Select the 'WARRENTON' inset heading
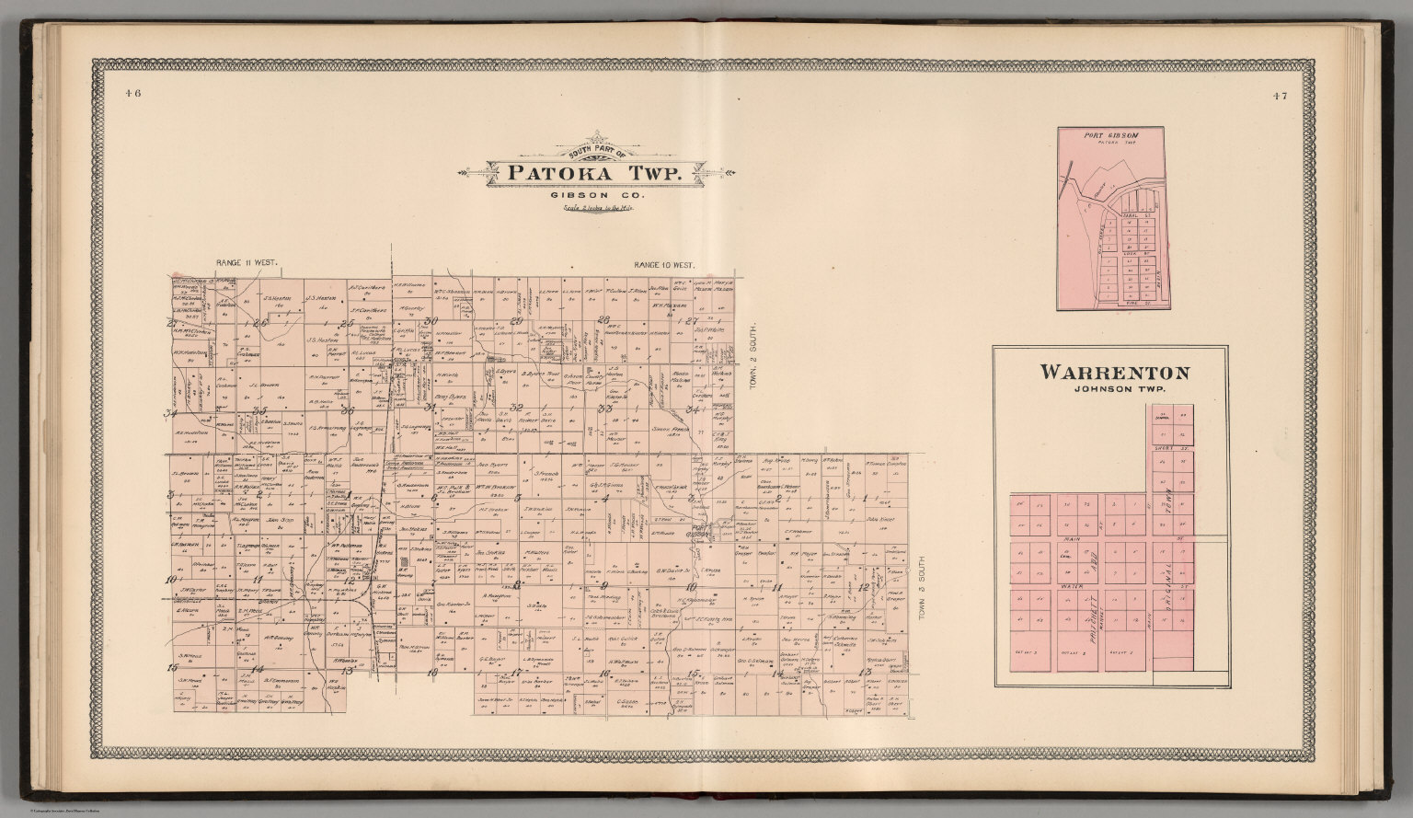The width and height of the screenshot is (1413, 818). [x=1114, y=373]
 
